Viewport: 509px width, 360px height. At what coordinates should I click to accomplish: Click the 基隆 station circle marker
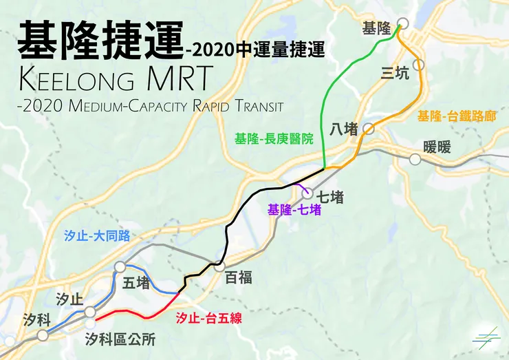pyautogui.click(x=402, y=23)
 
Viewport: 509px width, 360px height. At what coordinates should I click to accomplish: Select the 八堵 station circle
pyautogui.click(x=369, y=128)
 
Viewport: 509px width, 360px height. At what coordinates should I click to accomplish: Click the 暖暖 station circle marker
pyautogui.click(x=415, y=160)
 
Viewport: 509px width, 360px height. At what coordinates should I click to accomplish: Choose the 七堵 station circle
pyautogui.click(x=307, y=193)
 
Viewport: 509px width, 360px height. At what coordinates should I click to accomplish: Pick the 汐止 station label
pyautogui.click(x=69, y=299)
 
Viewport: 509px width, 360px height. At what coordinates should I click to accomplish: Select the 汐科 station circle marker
pyautogui.click(x=43, y=335)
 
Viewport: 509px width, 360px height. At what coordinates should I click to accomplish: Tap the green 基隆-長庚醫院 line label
pyautogui.click(x=274, y=138)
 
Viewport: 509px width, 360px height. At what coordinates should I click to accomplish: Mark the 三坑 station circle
pyautogui.click(x=419, y=65)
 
